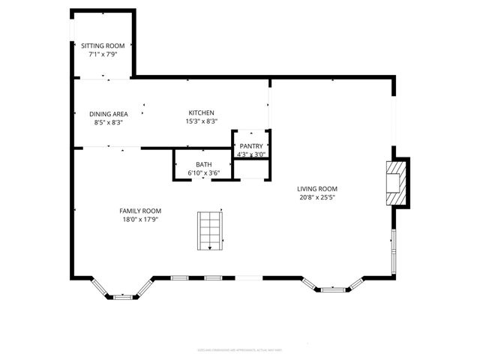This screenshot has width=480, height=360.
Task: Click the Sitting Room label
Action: pos(103,46)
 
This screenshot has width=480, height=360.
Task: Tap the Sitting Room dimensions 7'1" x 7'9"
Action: pos(103,54)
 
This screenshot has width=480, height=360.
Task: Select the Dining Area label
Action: pos(108,114)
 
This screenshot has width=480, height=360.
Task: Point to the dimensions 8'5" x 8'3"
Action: pos(108,122)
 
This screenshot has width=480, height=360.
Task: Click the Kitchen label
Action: pos(202,112)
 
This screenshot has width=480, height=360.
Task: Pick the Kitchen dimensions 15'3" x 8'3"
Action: pos(202,121)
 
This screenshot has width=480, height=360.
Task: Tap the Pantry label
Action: pos(251,146)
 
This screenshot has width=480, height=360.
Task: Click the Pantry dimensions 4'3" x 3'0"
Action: pos(251,154)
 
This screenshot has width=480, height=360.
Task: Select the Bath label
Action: pos(203,164)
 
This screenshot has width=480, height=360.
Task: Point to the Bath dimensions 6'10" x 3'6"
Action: pos(203,173)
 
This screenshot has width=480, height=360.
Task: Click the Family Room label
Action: pos(140,211)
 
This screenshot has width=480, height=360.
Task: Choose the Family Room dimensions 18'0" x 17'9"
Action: pos(140,219)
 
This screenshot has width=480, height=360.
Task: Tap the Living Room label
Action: pos(317,189)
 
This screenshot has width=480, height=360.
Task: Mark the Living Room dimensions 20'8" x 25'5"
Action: pos(317,198)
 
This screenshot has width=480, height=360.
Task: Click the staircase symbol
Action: pos(210,231)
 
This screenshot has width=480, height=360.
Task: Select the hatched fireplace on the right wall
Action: pos(397,182)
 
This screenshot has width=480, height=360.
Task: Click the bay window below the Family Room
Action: pos(121,291)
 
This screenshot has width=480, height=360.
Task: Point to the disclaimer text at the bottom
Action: pos(241,349)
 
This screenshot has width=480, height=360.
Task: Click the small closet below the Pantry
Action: pos(251,169)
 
